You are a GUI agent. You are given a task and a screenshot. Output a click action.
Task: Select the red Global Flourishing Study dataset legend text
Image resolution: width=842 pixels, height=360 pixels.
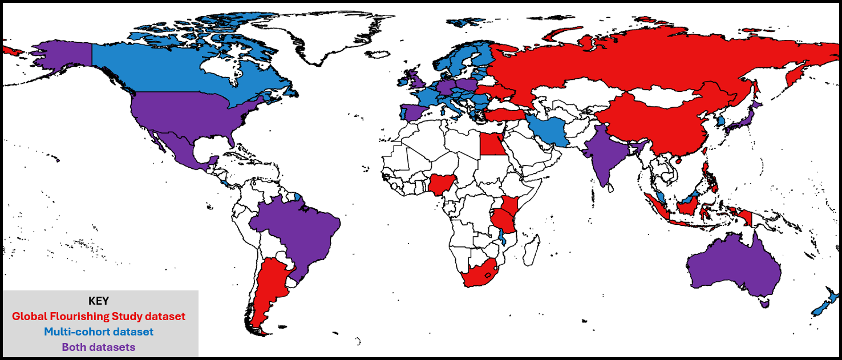(x=99, y=315)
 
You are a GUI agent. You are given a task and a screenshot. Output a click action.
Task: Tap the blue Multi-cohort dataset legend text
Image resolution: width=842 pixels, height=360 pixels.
(x=99, y=331)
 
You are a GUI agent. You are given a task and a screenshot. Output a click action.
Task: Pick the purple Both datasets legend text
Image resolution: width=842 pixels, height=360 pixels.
(x=99, y=346)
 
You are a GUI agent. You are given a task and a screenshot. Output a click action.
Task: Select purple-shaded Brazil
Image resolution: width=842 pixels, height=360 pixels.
(x=297, y=228)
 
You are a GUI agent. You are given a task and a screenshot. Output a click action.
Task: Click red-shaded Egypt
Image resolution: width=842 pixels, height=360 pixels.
(x=492, y=144)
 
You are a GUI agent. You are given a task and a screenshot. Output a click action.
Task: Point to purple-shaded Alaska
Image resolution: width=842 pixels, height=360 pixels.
(x=63, y=57)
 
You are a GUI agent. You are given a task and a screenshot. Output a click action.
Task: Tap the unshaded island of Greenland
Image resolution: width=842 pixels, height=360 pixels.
(x=337, y=34)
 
